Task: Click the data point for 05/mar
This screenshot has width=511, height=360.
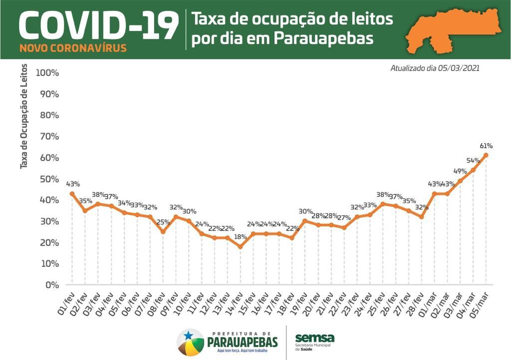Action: point(486,155)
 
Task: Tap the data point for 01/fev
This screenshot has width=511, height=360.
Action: point(72,193)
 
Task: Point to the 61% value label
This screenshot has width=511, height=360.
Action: point(487,146)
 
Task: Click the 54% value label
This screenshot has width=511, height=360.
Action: point(473,161)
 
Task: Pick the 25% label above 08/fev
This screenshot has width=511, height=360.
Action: point(163,222)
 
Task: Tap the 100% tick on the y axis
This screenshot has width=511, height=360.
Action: point(48,73)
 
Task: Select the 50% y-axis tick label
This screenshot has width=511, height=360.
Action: point(48,179)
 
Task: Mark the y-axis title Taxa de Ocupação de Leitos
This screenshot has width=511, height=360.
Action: point(24,116)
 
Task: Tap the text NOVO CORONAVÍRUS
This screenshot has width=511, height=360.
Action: point(73,48)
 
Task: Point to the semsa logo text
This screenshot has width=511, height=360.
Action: point(314,338)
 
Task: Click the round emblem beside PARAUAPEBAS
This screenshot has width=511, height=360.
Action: point(190,342)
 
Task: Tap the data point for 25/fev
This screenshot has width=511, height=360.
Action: point(383,203)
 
